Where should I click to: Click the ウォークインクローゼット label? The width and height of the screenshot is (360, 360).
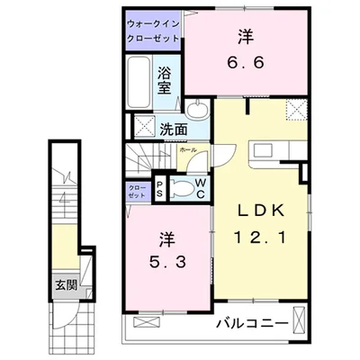[x=152, y=33]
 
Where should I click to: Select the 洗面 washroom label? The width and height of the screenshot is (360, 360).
[x=174, y=128]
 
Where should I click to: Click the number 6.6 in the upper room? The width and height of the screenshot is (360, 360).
[x=245, y=65]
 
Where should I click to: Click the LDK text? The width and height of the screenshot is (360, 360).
[x=261, y=211]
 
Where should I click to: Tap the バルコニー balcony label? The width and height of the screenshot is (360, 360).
[x=251, y=321]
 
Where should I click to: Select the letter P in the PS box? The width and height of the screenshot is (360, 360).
[x=159, y=184]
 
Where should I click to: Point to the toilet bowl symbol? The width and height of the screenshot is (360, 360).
[x=182, y=189]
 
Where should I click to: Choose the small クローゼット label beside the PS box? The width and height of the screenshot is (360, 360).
[x=137, y=191]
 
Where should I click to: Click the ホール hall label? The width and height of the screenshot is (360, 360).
[x=187, y=150]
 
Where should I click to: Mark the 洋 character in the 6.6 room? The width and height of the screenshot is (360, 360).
[x=245, y=38]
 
